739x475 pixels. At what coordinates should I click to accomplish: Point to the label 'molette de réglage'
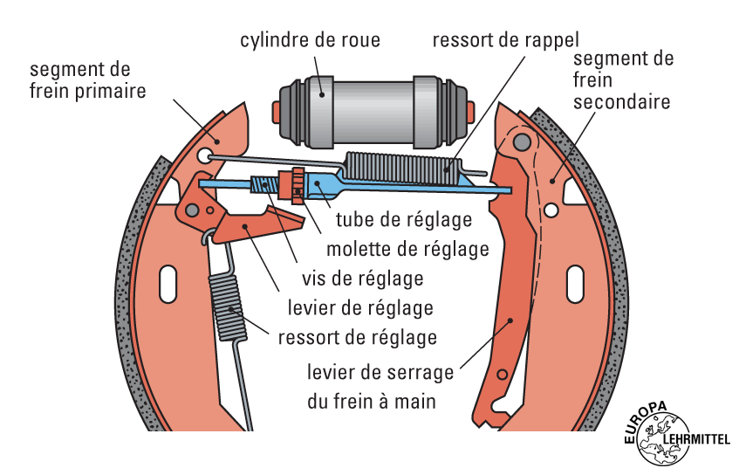coord(407,249)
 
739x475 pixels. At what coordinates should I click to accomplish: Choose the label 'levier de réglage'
coord(359,308)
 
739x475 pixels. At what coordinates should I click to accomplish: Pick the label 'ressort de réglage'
coord(357,337)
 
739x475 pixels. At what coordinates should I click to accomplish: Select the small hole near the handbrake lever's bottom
coord(502,375)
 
